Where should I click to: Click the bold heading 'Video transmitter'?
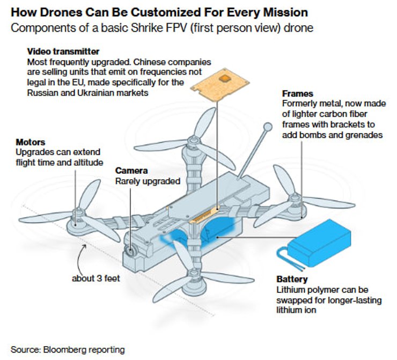pyautogui.click(x=63, y=52)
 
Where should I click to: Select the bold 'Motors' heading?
pyautogui.click(x=31, y=143)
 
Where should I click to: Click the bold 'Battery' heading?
pyautogui.click(x=292, y=280)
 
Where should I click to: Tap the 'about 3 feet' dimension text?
pyautogui.click(x=95, y=278)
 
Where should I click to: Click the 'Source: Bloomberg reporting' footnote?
pyautogui.click(x=68, y=349)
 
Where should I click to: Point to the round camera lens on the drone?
pyautogui.click(x=131, y=251)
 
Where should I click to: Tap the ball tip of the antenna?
pyautogui.click(x=267, y=127)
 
